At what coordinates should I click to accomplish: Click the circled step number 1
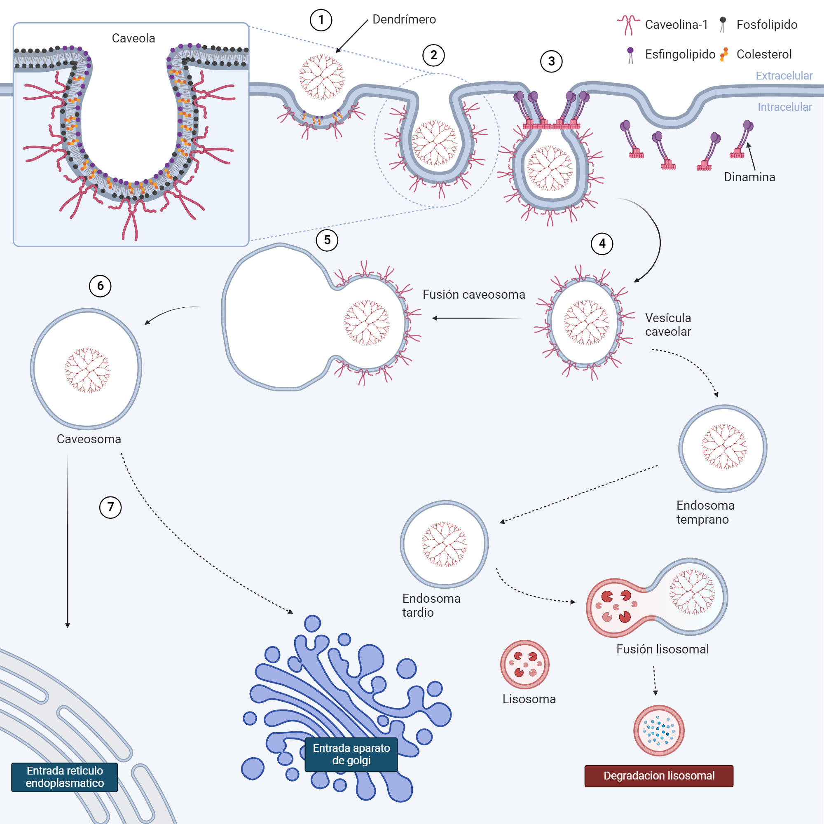[321, 20]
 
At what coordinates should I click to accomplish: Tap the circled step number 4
[602, 243]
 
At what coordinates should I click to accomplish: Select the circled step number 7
[110, 507]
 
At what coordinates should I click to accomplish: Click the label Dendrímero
[404, 20]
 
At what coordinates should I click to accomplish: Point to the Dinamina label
[749, 177]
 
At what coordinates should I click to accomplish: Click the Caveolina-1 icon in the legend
[628, 25]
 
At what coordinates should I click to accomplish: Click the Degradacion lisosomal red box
[658, 776]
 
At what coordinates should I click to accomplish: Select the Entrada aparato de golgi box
[351, 754]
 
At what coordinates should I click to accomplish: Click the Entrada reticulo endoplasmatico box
[64, 777]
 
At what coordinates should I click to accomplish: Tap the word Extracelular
[784, 76]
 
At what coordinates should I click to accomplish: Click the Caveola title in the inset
[133, 38]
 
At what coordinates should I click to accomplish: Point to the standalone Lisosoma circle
[524, 664]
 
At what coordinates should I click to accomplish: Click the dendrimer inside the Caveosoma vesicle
[87, 370]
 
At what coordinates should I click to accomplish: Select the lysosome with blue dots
[658, 730]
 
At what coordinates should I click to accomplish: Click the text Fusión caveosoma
[473, 295]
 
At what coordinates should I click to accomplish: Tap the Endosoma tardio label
[431, 605]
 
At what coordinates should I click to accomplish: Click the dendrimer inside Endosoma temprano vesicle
[724, 447]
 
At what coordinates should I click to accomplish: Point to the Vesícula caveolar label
[668, 325]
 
